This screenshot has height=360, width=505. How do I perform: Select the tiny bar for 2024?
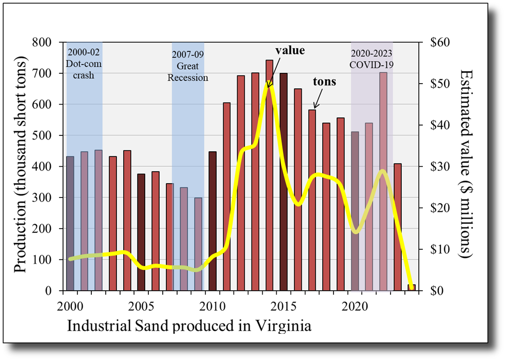pos(411,288)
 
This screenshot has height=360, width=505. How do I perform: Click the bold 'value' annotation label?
pos(290,51)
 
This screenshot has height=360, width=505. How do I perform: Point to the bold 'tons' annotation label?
pos(324,82)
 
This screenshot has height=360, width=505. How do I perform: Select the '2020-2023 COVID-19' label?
pos(372,59)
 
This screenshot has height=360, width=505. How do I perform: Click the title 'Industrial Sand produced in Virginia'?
pos(189,326)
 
